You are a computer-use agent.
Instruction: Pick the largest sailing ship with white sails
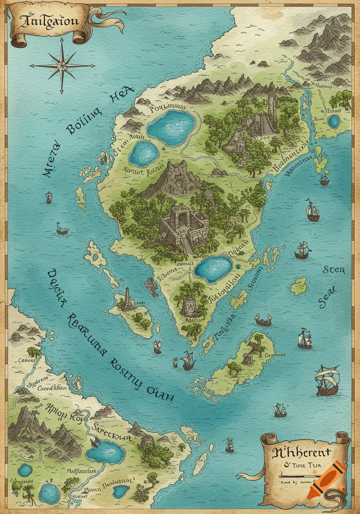[327, 380]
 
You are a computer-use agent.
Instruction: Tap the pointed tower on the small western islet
[127, 299]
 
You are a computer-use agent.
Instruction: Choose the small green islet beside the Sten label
[299, 286]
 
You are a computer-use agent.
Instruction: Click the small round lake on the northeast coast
[333, 121]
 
